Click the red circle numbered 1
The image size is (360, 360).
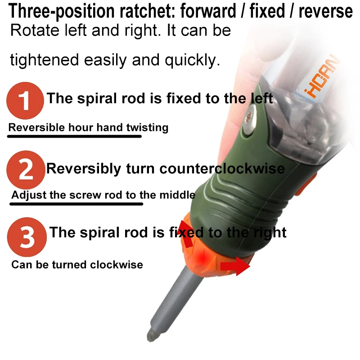(25, 100)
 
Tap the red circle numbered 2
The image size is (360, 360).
(26, 170)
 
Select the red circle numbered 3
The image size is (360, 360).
(27, 237)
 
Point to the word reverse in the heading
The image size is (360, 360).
(325, 11)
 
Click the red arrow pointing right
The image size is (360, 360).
(235, 266)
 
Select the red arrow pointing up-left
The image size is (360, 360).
(186, 234)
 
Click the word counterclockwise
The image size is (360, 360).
(222, 168)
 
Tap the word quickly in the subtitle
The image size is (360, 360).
(193, 60)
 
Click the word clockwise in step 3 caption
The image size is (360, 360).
(117, 265)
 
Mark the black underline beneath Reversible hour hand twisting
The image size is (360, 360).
(74, 136)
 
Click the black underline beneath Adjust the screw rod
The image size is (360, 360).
(76, 204)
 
